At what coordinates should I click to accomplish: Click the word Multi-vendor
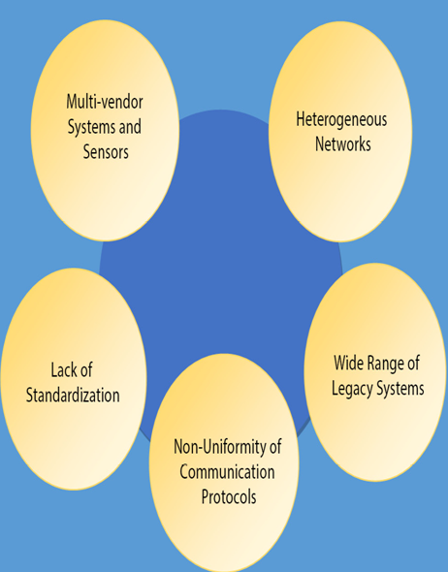point(105,102)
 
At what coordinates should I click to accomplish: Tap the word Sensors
point(106,151)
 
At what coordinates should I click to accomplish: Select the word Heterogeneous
point(341,119)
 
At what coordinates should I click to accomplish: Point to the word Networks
point(343,143)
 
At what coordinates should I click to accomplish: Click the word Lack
point(62,370)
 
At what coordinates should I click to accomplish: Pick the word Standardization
point(73,396)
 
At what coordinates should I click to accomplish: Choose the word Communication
point(227,472)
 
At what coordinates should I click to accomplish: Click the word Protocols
point(229,496)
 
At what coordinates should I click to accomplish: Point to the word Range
point(385,364)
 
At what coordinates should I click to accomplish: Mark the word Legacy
point(352,389)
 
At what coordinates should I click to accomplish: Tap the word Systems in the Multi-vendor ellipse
point(91,127)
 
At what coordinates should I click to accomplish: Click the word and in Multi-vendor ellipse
point(130,127)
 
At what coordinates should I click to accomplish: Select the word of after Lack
point(85,370)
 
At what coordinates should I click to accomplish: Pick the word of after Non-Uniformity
point(275,447)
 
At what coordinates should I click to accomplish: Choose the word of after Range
point(413,363)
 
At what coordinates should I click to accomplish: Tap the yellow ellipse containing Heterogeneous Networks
point(340,131)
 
